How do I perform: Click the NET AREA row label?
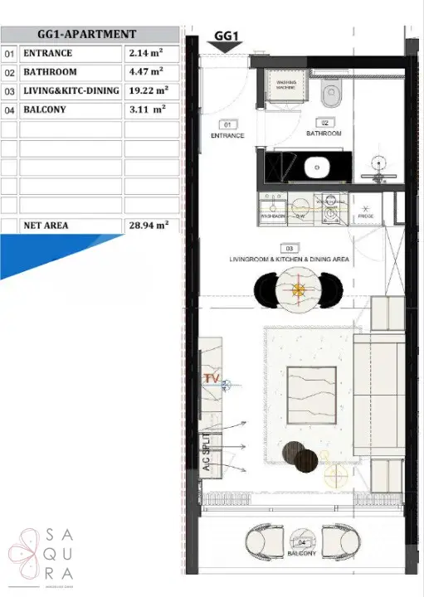point(46,225)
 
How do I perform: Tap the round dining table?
point(299,289)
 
